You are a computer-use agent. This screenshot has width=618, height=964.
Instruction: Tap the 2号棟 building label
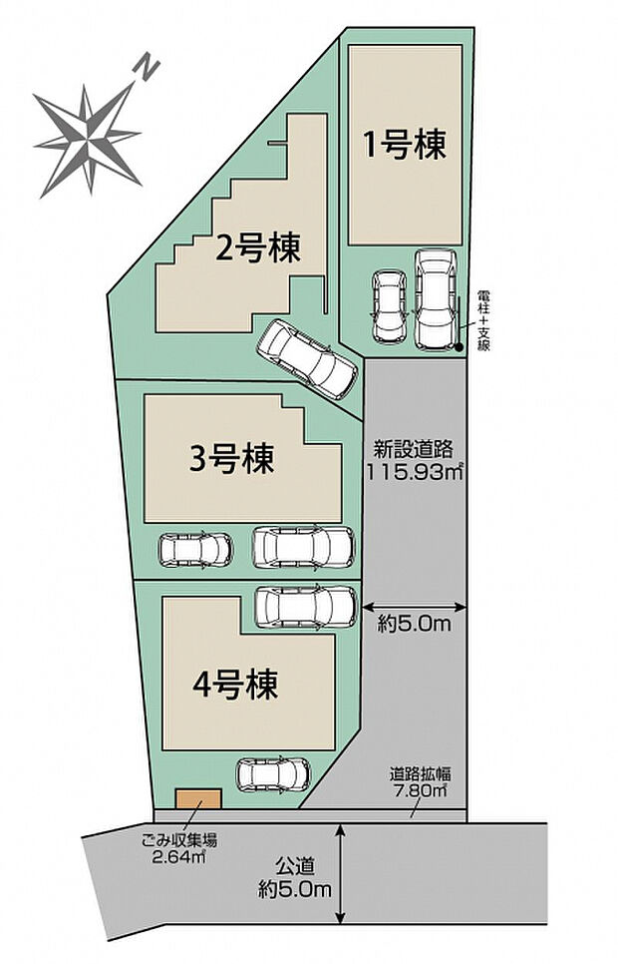point(258,247)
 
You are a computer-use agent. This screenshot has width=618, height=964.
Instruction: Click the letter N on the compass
point(147,69)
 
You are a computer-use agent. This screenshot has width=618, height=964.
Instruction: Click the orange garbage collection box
point(197,799)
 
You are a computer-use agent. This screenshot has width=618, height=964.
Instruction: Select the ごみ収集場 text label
point(170,840)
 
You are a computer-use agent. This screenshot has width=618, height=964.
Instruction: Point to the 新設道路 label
point(413,448)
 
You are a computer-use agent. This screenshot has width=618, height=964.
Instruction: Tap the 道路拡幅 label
point(421,773)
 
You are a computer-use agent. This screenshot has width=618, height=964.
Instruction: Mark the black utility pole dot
point(460,348)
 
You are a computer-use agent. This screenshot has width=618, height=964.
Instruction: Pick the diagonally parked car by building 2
point(306,358)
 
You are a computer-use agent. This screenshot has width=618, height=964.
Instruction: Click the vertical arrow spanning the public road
point(342,872)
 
